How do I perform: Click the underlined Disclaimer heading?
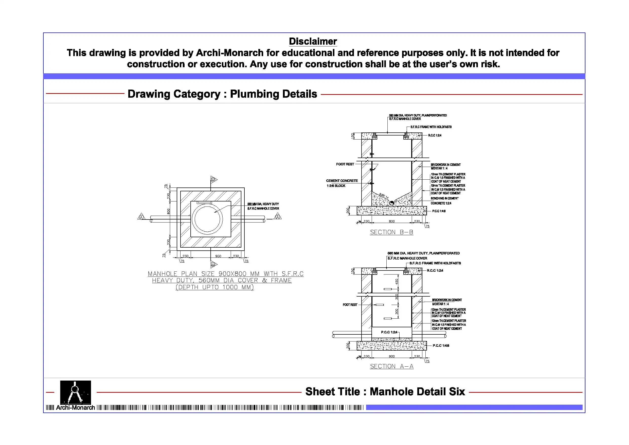pyautogui.click(x=313, y=41)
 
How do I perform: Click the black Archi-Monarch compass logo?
pyautogui.click(x=75, y=392)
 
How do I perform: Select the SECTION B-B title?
pyautogui.click(x=391, y=232)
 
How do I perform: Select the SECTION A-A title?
pyautogui.click(x=391, y=366)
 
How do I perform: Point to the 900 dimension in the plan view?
pyautogui.click(x=218, y=256)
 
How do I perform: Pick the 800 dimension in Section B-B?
pyautogui.click(x=392, y=221)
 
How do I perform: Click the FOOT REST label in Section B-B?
pyautogui.click(x=345, y=164)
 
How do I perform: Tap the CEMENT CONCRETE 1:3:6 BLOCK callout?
pyautogui.click(x=342, y=183)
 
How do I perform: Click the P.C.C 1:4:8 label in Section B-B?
pyautogui.click(x=439, y=211)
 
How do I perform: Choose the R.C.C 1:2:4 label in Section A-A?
pyautogui.click(x=435, y=271)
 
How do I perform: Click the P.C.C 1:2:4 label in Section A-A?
pyautogui.click(x=389, y=332)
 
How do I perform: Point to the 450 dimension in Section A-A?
pyautogui.click(x=397, y=282)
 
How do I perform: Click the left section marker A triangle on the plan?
pyautogui.click(x=141, y=217)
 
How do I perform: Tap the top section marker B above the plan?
pyautogui.click(x=213, y=180)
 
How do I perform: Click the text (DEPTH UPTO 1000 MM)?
pyautogui.click(x=214, y=287)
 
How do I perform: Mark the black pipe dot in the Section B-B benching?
pyautogui.click(x=392, y=203)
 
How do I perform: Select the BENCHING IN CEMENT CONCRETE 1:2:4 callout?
pyautogui.click(x=444, y=201)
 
